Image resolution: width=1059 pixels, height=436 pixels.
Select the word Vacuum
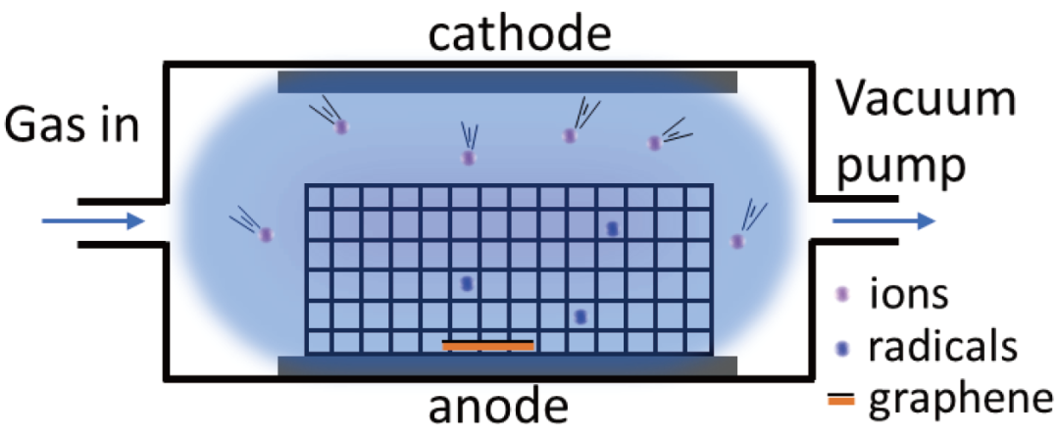click(x=926, y=100)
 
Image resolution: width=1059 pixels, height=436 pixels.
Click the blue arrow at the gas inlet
click(x=93, y=220)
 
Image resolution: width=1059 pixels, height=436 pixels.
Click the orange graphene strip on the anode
click(x=488, y=346)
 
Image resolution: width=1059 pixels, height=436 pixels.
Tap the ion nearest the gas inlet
click(x=265, y=235)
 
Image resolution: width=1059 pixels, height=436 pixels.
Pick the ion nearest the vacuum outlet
click(x=738, y=241)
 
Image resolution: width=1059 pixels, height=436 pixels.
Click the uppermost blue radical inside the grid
click(x=612, y=228)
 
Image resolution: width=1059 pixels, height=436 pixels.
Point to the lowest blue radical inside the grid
click(x=580, y=316)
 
